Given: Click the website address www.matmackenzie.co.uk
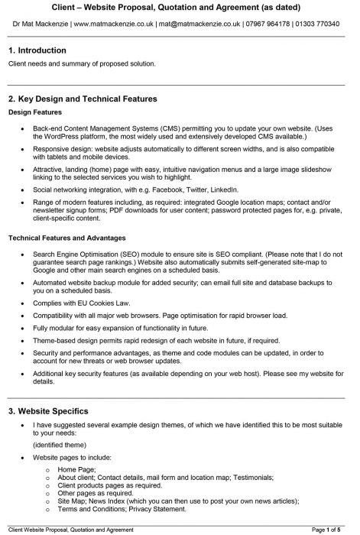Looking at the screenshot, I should click(x=114, y=24).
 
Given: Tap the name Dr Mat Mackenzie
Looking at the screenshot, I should click(x=36, y=24).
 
